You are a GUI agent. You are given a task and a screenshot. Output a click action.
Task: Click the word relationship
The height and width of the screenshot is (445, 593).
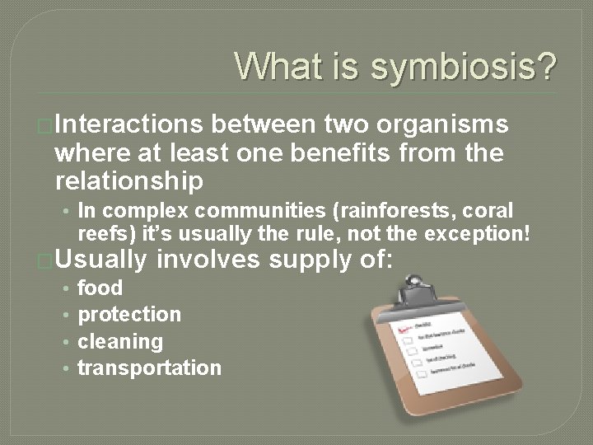[128, 180]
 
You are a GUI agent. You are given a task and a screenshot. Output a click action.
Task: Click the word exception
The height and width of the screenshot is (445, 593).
[478, 233]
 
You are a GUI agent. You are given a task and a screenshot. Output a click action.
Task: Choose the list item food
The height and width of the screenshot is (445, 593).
[100, 288]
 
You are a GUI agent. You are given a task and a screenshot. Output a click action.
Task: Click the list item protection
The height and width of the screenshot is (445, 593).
[128, 314]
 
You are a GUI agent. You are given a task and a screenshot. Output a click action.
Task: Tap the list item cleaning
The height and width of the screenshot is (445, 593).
[119, 341]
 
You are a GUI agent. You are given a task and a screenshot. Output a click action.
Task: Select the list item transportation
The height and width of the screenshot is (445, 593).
[149, 368]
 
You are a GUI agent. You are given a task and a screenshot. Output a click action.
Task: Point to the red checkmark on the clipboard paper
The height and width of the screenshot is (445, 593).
[404, 330]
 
